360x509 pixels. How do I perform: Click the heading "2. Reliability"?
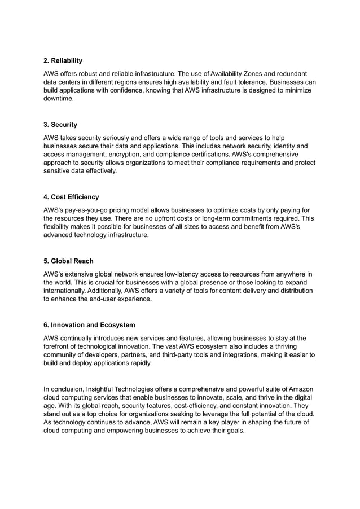[63, 60]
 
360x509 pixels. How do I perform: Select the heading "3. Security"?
[60, 125]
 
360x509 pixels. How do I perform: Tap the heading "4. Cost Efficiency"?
[71, 197]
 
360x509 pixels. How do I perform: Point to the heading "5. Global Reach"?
[68, 261]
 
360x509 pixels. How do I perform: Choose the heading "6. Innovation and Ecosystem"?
[89, 326]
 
